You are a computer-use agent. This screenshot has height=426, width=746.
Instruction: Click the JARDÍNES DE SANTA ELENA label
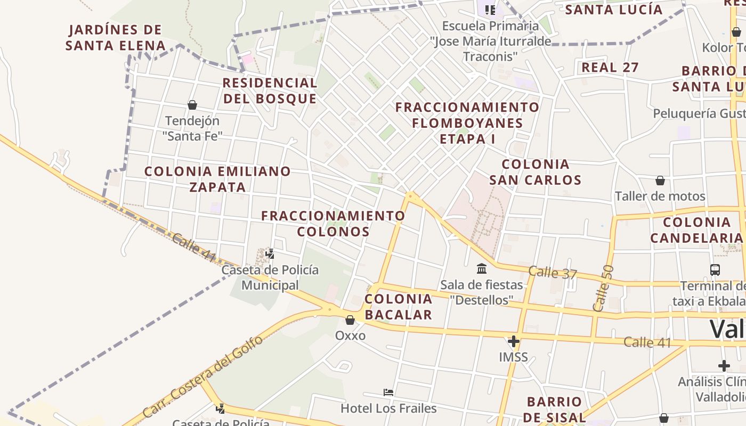click(115, 37)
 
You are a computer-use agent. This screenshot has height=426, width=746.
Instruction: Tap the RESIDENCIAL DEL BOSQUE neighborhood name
click(270, 91)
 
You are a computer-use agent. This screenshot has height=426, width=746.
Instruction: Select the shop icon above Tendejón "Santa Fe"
click(192, 105)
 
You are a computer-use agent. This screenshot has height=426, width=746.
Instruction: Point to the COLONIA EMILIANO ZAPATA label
click(217, 179)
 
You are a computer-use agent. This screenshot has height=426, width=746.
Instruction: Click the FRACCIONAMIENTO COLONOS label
click(333, 224)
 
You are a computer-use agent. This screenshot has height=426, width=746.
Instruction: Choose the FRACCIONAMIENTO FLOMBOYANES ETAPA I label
click(467, 123)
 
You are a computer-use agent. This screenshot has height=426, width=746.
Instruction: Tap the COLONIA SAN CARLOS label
click(536, 172)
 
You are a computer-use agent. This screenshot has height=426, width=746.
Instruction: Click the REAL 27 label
click(610, 68)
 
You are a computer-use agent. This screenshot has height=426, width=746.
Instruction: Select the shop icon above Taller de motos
click(660, 181)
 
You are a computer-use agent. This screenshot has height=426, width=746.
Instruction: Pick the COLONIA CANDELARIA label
click(696, 230)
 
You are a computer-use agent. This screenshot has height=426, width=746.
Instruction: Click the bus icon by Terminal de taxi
click(715, 269)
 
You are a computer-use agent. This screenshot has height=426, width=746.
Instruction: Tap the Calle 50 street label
click(603, 288)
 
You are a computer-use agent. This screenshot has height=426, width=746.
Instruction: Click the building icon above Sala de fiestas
click(482, 268)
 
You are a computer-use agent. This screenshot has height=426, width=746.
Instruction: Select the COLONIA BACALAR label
click(398, 307)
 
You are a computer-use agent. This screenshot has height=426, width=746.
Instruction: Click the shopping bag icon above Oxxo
click(350, 320)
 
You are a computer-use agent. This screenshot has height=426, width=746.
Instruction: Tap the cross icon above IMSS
click(514, 341)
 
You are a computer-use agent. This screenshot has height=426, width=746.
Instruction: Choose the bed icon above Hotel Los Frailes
click(388, 392)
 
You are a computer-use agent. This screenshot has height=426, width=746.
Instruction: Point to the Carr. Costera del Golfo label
click(204, 376)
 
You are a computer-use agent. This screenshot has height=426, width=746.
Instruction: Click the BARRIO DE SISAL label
click(554, 409)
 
